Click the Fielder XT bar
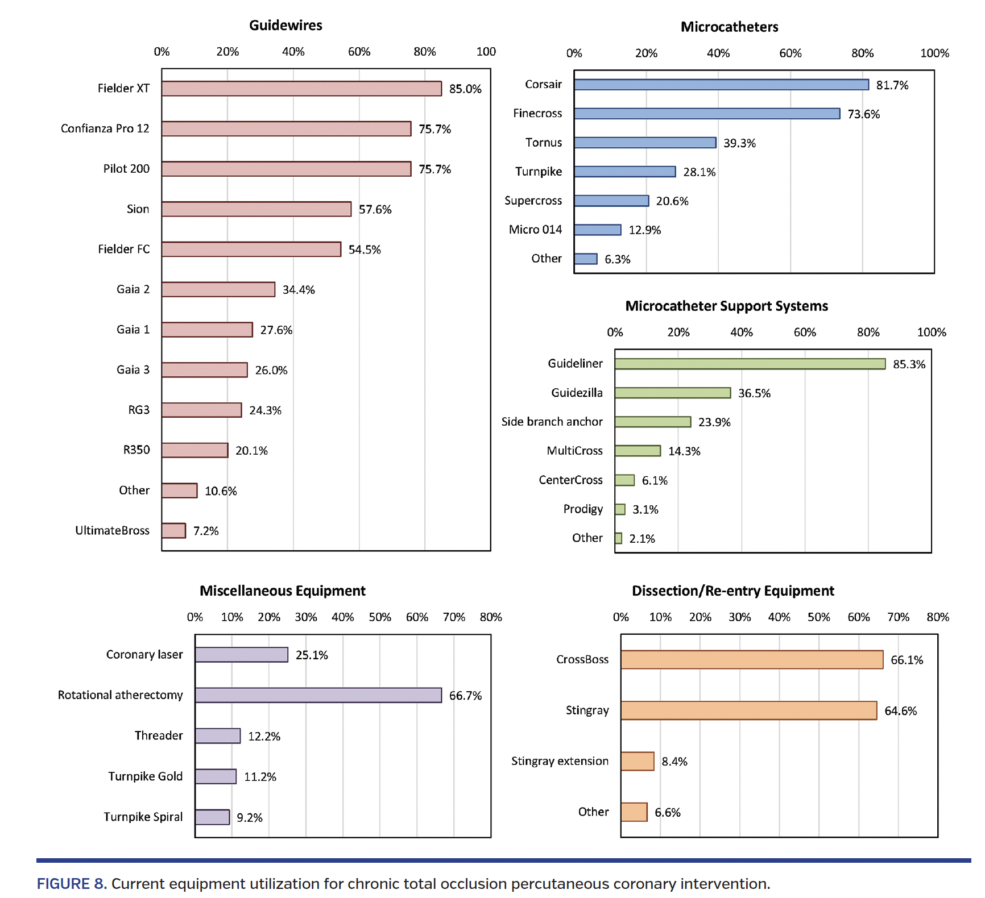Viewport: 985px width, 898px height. coord(301,89)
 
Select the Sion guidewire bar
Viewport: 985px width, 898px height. coord(256,209)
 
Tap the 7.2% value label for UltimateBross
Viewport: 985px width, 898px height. coord(205,531)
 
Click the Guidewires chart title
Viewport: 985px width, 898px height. coord(285,26)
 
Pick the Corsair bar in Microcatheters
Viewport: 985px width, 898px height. coord(721,85)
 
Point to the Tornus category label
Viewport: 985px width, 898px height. coord(543,143)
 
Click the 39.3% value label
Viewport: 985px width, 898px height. coord(739,143)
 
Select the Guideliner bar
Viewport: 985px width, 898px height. coord(750,364)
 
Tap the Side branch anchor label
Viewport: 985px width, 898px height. coord(552,422)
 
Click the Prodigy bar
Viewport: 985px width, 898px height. coord(620,509)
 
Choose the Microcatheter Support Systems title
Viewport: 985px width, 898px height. coord(726,306)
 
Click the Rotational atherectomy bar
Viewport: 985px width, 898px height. coord(318,695)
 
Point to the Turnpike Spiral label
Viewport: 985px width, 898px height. coord(143,817)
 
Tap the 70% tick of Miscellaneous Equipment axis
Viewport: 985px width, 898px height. coord(453,617)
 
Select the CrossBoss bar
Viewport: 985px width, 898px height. coord(752,660)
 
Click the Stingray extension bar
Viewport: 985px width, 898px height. coord(638,761)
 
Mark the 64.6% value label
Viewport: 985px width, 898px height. coord(900,711)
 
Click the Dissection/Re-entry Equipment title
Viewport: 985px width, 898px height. coord(732,591)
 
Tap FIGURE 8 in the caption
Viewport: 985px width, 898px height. coord(72,884)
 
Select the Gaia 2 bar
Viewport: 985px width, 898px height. coord(218,289)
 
